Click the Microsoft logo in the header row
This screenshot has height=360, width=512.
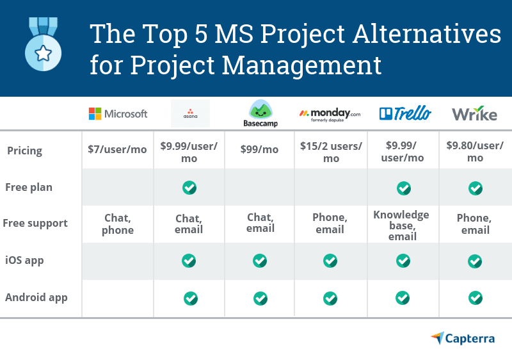118,114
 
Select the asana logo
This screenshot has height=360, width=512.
190,113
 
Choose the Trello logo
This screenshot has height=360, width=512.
405,114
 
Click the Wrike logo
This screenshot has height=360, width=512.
474,114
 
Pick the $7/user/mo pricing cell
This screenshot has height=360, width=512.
118,150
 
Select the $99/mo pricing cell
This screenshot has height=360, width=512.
259,150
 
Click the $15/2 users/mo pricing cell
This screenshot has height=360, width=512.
331,152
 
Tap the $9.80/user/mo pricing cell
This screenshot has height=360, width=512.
475,152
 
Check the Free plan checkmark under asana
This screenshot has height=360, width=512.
189,188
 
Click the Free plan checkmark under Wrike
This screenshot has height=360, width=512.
475,188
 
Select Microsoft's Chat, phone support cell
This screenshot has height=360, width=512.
118,224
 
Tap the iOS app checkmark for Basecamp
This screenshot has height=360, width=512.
260,261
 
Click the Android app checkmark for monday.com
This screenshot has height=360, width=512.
330,298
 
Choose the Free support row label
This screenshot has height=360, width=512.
35,224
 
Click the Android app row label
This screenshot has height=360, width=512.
36,297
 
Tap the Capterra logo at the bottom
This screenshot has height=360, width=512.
463,338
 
